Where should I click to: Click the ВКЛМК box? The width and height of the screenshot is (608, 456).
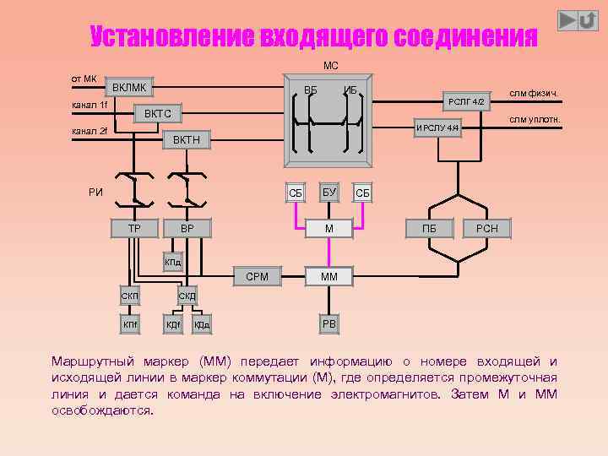[129, 88]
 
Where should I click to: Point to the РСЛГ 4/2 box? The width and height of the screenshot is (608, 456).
[466, 101]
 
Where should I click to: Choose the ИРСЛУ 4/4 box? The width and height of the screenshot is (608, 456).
[437, 128]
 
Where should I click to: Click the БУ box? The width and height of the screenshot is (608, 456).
[329, 193]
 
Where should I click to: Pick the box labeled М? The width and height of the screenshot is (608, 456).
[329, 228]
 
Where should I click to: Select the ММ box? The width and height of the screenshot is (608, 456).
[329, 276]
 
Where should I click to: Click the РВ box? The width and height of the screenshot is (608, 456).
[329, 324]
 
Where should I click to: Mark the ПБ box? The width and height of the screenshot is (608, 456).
[430, 228]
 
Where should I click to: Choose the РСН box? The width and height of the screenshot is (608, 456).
[487, 228]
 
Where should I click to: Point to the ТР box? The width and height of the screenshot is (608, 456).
[134, 228]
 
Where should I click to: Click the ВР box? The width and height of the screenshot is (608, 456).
[187, 228]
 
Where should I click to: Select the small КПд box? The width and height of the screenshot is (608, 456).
[172, 263]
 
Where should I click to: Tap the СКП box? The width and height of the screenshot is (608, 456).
[130, 295]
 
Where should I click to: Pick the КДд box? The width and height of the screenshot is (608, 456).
[202, 324]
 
